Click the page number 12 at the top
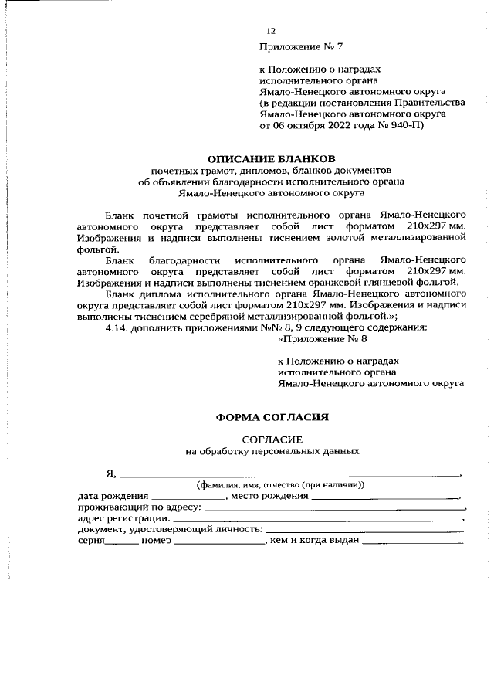point(270,32)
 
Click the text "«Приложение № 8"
point(317,338)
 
